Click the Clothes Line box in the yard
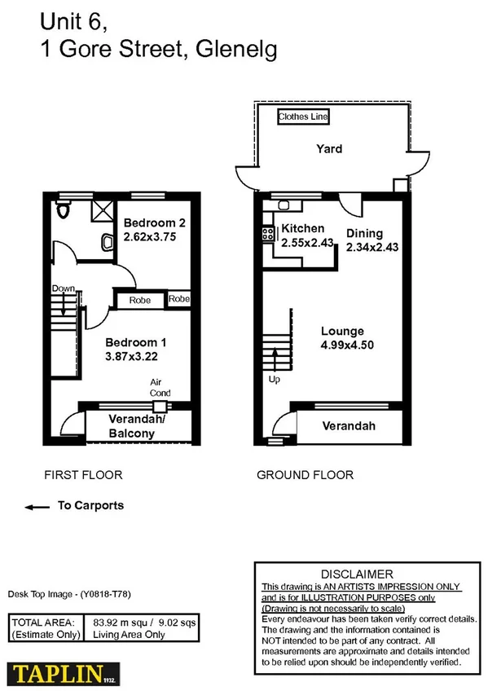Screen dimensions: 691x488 point(304,117)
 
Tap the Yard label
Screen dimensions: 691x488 point(329,149)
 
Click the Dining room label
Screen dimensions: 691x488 point(364,233)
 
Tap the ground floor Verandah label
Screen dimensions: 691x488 point(349,426)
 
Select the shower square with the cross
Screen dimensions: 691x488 point(102,212)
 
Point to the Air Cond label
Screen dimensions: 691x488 point(159,386)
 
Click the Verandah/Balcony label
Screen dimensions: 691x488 point(131,427)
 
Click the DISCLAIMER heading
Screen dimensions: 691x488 point(358,574)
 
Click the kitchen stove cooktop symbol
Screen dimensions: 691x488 point(266,235)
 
